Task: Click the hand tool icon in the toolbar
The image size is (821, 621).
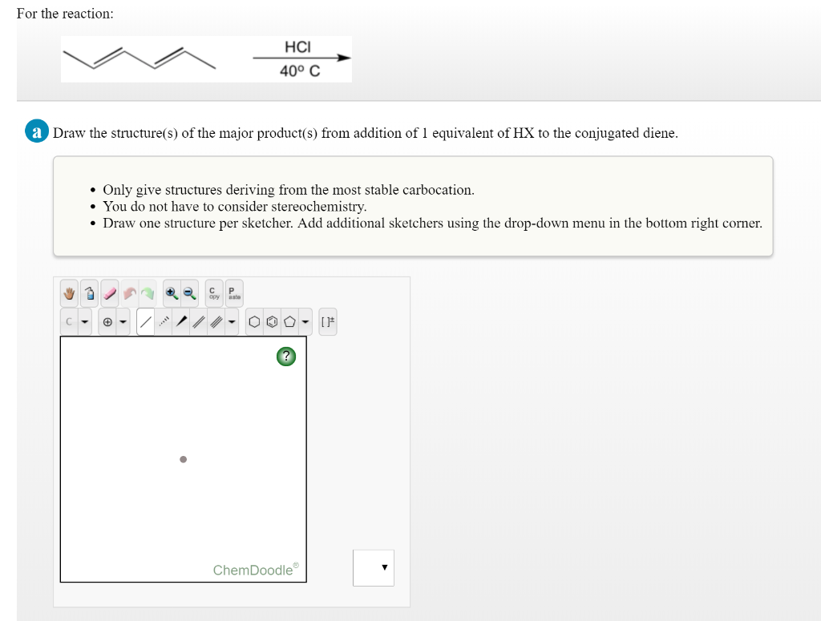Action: [x=70, y=294]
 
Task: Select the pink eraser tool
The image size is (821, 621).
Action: [x=110, y=294]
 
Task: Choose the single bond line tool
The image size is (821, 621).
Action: [x=145, y=322]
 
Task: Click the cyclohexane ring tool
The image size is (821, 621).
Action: [x=253, y=322]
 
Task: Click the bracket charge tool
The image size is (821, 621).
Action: [x=328, y=322]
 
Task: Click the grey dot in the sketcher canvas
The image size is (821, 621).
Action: [x=183, y=460]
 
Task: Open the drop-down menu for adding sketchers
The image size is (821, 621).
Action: [x=374, y=567]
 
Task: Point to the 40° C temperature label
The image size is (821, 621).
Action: [x=300, y=71]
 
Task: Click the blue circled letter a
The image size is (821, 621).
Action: [x=36, y=132]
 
